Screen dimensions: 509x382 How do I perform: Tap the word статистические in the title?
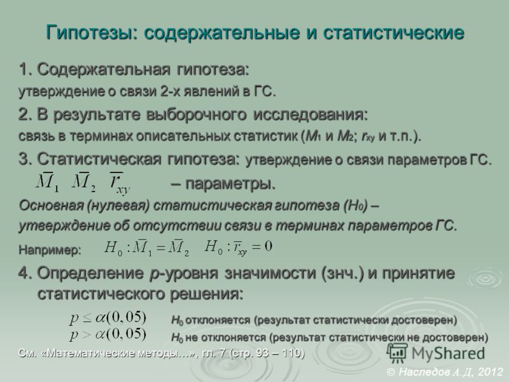[393, 32]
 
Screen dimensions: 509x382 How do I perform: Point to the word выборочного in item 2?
[196, 115]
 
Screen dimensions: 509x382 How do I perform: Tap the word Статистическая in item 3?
[99, 159]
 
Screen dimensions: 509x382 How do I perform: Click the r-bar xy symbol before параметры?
[120, 183]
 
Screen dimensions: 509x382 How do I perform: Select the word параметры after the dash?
[230, 184]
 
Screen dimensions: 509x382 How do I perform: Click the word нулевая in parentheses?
[118, 206]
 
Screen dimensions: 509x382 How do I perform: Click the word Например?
[50, 250]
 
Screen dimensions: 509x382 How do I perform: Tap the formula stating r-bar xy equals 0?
[238, 248]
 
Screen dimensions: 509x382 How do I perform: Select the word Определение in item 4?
[90, 274]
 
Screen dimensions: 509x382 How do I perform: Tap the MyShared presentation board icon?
[397, 353]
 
